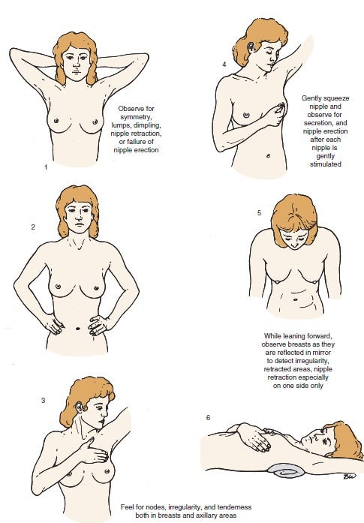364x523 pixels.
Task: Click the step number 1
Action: pos(46,167)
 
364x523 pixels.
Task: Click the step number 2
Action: pos(33,227)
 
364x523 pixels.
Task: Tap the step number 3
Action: pos(43,400)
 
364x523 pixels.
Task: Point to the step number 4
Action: pos(224,64)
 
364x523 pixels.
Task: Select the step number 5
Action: pos(259,213)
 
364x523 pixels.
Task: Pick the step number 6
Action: pos(208,418)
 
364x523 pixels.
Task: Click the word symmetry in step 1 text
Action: pos(135,117)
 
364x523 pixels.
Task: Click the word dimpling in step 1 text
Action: pos(147,125)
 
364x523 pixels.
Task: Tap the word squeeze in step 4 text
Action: pos(334,98)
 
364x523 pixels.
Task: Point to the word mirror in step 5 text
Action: pos(322,353)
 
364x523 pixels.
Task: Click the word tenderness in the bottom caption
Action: pos(234,507)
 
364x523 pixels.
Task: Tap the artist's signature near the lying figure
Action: pos(349,476)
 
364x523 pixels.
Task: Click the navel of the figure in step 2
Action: pos(78,328)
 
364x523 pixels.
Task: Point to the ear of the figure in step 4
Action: pos(250,47)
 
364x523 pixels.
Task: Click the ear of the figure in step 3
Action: pos(79,407)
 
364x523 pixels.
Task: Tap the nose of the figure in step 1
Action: pos(77,64)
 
